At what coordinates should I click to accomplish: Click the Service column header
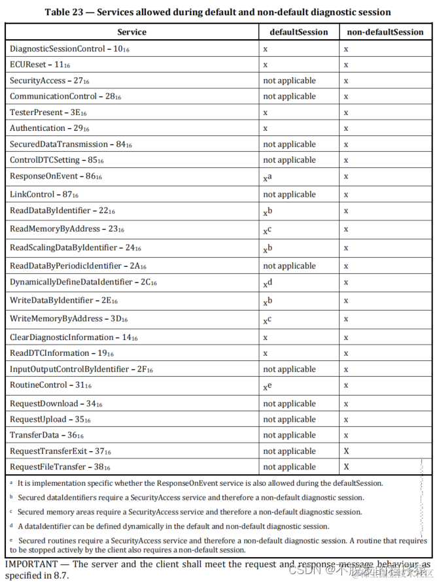[x=131, y=32]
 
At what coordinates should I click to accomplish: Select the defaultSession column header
[x=299, y=32]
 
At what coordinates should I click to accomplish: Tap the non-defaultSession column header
[x=385, y=32]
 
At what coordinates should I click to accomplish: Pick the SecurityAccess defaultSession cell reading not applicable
[x=288, y=80]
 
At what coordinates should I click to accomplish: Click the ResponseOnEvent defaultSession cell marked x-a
[x=267, y=177]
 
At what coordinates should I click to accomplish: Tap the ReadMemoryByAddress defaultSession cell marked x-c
[x=267, y=230]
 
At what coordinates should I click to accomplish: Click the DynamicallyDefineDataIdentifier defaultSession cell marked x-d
[x=267, y=283]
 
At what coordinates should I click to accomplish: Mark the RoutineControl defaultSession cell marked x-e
[x=267, y=386]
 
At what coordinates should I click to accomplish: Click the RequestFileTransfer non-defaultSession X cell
[x=346, y=467]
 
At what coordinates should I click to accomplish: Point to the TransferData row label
[x=46, y=435]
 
